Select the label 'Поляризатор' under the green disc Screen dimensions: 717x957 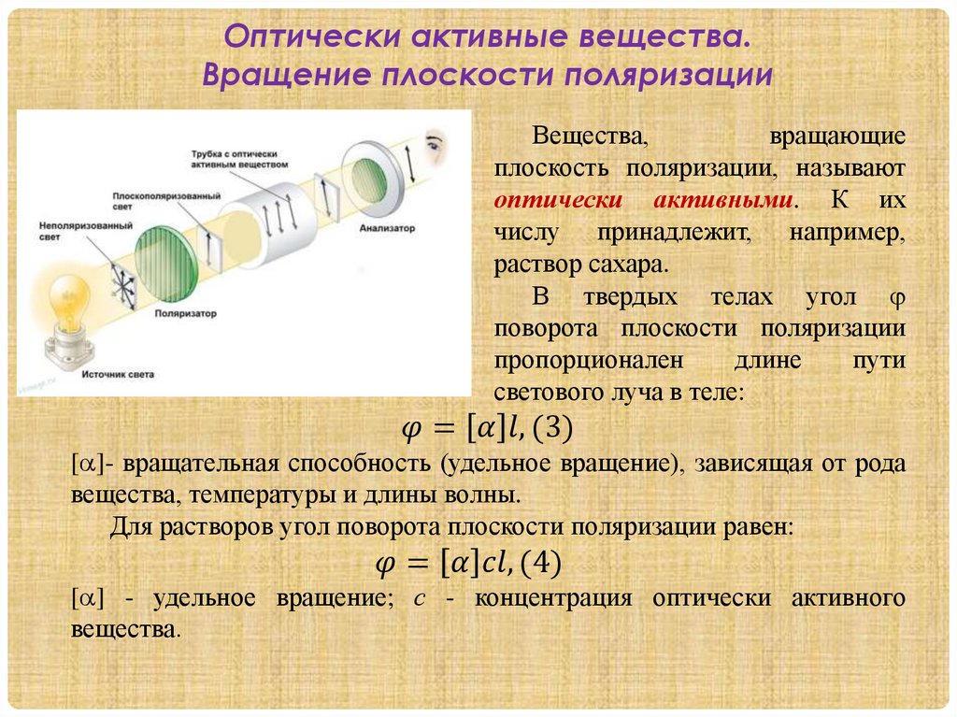click(185, 314)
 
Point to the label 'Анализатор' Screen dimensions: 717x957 click(383, 227)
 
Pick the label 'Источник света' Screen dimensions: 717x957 click(117, 374)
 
